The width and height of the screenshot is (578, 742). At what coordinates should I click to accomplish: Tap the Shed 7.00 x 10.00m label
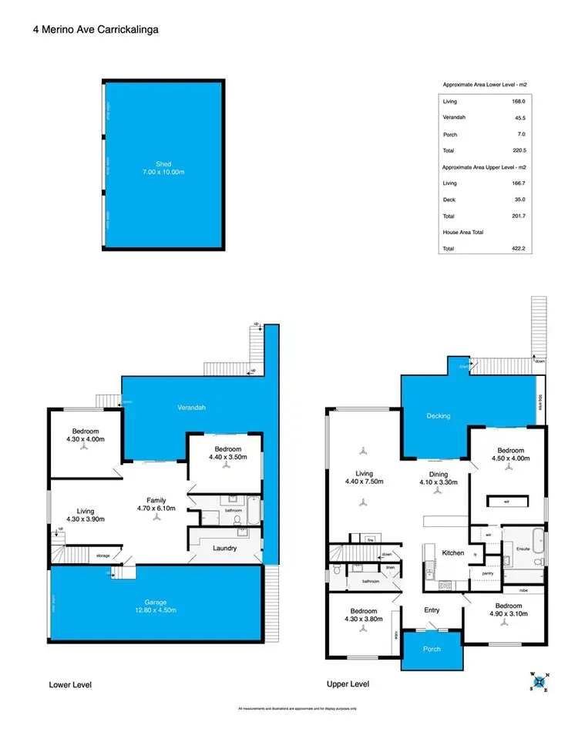coord(163,168)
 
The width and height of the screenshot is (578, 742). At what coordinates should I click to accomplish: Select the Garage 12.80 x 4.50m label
coord(156,606)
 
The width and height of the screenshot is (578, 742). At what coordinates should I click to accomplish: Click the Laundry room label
coord(225,549)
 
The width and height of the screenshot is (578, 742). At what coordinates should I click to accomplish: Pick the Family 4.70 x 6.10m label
coord(156,505)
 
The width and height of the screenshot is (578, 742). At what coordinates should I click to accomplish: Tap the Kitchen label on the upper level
coord(452,552)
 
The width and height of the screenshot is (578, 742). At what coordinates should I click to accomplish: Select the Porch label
coord(432,649)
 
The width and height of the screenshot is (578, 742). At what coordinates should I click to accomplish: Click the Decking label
coord(438,416)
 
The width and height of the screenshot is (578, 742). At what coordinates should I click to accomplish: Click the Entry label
coord(432,611)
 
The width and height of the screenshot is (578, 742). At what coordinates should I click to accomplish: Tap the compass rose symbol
coord(538,680)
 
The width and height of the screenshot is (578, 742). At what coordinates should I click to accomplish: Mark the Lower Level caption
coord(70,684)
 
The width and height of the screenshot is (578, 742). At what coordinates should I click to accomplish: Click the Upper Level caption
coord(348,684)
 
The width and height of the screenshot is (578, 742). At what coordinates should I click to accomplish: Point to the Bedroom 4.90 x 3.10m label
coord(509,609)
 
